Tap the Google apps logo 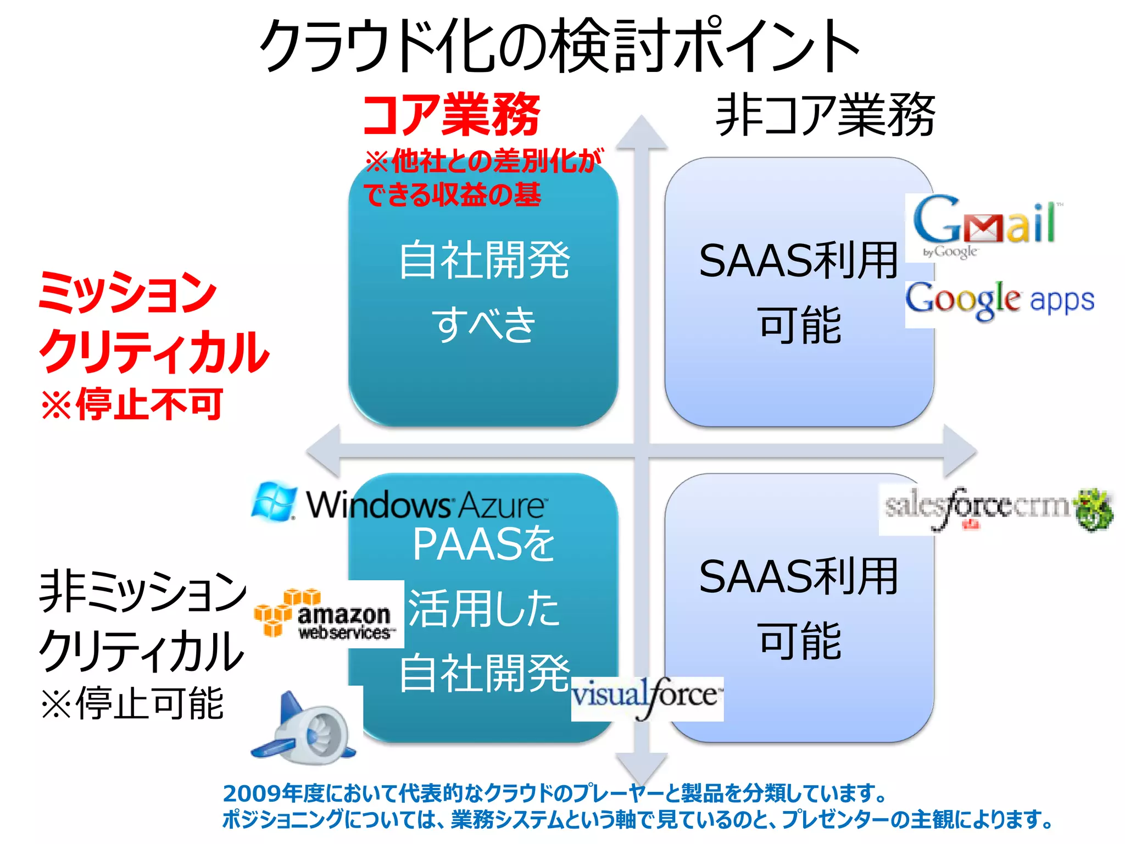coord(1000,300)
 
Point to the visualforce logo coord(647,697)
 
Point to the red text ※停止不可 coord(132,404)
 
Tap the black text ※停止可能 coord(132,703)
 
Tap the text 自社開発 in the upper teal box coord(483,260)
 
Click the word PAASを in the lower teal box coord(483,544)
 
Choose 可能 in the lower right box coord(799,641)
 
